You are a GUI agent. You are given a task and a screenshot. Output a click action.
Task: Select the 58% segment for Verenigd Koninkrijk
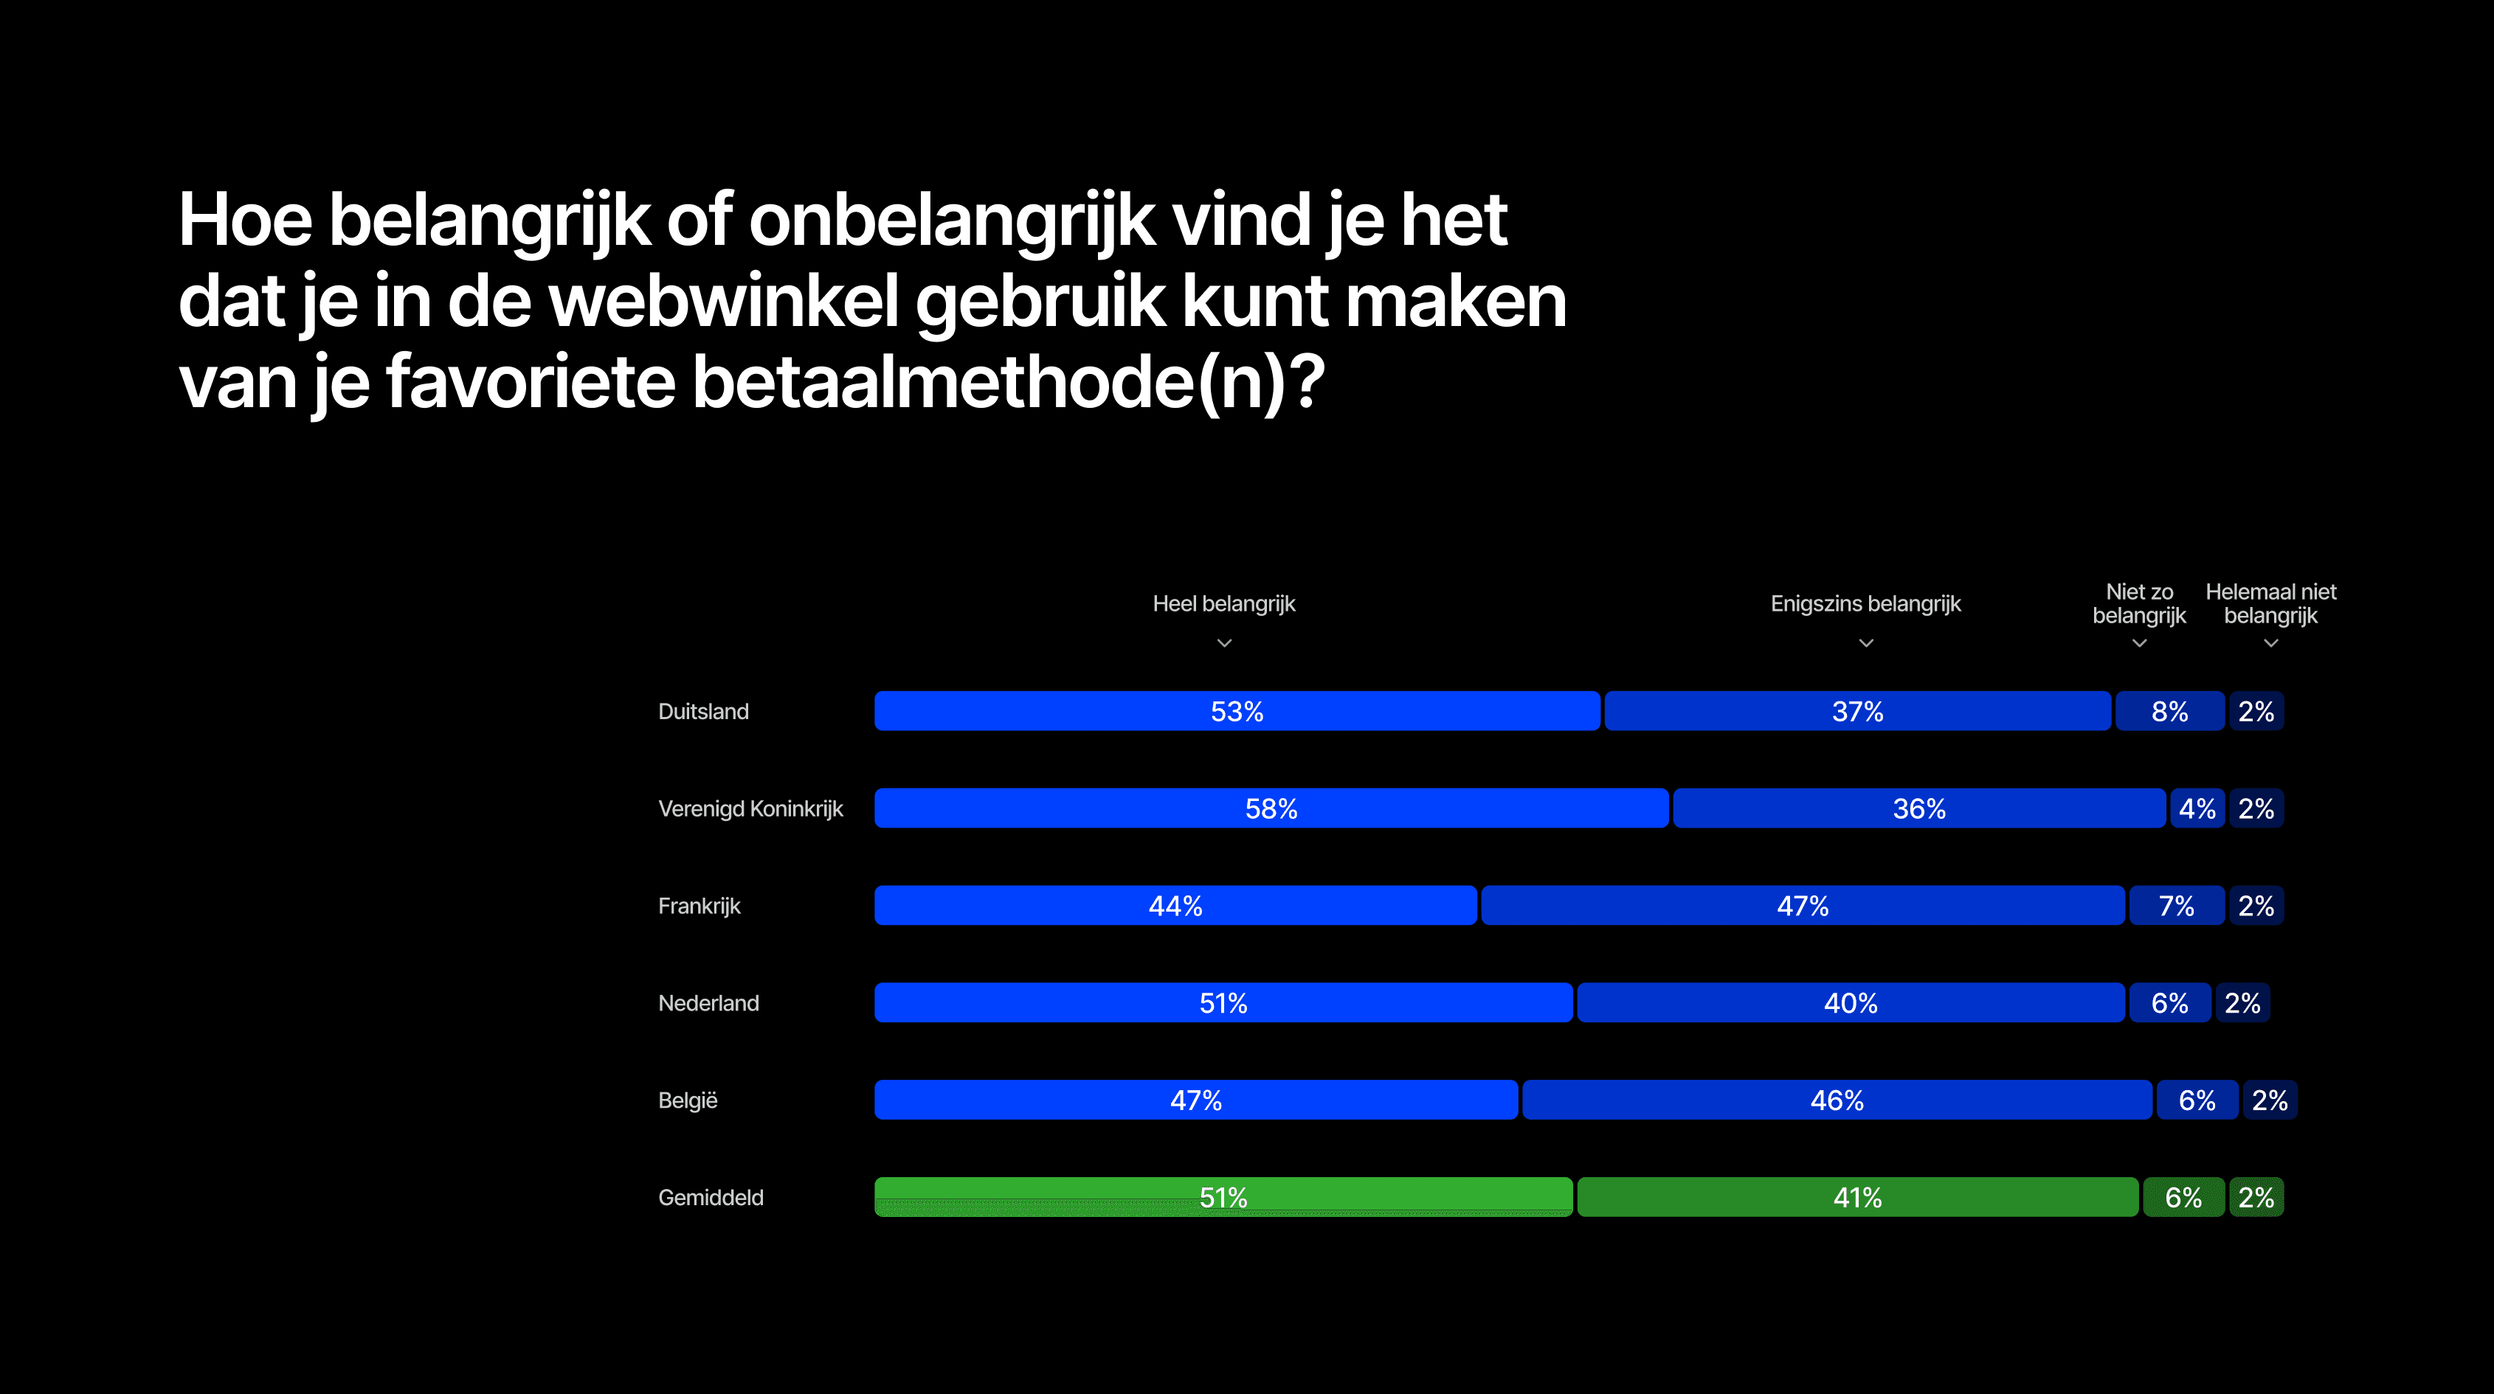click(1271, 808)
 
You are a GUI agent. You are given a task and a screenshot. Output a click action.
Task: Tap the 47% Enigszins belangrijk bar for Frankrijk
click(1803, 905)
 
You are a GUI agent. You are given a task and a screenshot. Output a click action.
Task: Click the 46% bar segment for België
click(1837, 1100)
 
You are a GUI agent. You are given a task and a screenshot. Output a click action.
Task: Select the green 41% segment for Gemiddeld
click(1857, 1198)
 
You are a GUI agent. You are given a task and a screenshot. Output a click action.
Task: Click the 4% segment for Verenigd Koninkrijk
click(2197, 808)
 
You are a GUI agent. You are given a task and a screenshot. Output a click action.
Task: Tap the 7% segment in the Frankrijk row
click(2177, 905)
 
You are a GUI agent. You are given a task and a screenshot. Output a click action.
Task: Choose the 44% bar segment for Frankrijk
click(1175, 905)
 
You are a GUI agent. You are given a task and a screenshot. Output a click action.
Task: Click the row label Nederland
click(708, 1003)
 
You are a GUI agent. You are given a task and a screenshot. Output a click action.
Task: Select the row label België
click(688, 1100)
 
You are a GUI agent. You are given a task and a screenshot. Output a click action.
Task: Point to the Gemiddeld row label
click(711, 1198)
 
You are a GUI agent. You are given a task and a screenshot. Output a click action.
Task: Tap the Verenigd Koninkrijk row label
click(750, 808)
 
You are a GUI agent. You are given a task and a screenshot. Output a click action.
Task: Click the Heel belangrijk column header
click(1224, 604)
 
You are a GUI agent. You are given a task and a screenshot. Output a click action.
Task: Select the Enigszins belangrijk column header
click(1865, 604)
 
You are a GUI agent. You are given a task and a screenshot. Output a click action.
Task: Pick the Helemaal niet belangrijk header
click(2270, 604)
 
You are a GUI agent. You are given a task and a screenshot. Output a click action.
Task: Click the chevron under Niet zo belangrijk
click(2140, 643)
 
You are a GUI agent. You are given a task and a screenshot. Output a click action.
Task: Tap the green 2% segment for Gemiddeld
click(2256, 1198)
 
